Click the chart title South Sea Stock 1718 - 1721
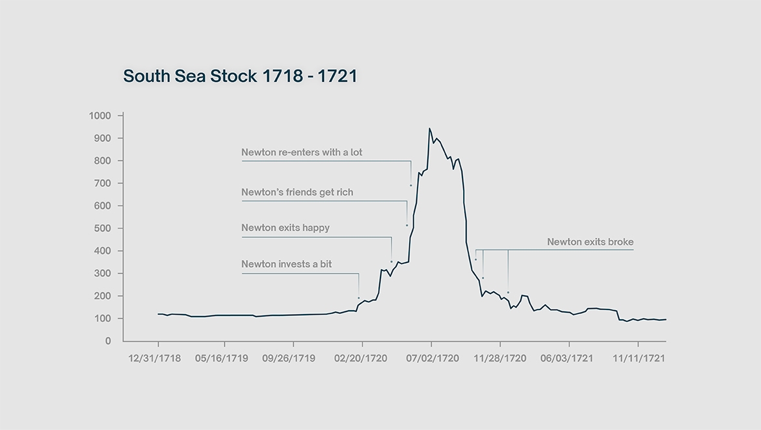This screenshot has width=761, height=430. pyautogui.click(x=240, y=76)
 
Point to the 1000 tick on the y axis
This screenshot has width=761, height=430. pyautogui.click(x=100, y=116)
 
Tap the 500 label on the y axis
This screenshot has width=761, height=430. pyautogui.click(x=103, y=228)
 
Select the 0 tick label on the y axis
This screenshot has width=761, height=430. pyautogui.click(x=108, y=341)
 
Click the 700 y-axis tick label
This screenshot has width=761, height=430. pyautogui.click(x=103, y=183)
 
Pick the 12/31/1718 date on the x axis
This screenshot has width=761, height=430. pyautogui.click(x=155, y=358)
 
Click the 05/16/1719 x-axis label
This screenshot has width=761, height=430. pyautogui.click(x=221, y=358)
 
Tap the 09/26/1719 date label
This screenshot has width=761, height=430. pyautogui.click(x=289, y=358)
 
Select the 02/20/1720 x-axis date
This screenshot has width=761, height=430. pyautogui.click(x=360, y=358)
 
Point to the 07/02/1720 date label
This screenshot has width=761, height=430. pyautogui.click(x=432, y=358)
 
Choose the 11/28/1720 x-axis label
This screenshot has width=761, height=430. pyautogui.click(x=500, y=358)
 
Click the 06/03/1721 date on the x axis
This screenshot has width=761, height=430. pyautogui.click(x=567, y=358)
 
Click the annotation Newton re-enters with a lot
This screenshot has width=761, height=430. pyautogui.click(x=302, y=152)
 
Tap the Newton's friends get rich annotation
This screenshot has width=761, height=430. pyautogui.click(x=297, y=192)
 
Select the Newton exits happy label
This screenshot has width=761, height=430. pyautogui.click(x=286, y=228)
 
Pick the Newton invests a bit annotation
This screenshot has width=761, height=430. pyautogui.click(x=286, y=264)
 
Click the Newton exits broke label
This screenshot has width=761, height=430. pyautogui.click(x=590, y=242)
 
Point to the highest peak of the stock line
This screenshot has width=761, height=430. pyautogui.click(x=429, y=128)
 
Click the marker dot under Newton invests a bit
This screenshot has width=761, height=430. pyautogui.click(x=358, y=298)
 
